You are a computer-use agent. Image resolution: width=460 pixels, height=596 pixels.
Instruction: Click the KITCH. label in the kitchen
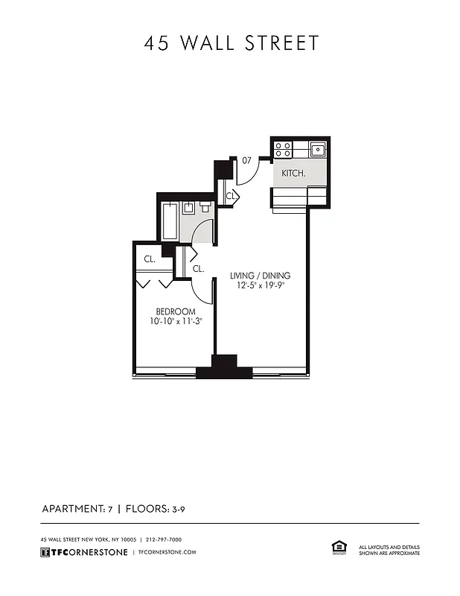tap(293, 174)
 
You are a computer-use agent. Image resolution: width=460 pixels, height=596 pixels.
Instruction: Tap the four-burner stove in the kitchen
tap(283, 149)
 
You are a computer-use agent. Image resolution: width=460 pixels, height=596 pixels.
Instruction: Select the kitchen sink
tap(318, 149)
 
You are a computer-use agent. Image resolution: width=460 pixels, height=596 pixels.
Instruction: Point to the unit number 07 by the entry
tap(246, 159)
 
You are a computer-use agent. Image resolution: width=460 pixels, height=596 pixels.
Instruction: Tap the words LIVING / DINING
tap(260, 275)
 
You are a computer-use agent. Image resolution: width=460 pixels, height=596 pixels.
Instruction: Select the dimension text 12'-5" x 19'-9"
tap(260, 285)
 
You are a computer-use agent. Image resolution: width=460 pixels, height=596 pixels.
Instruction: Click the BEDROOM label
tap(176, 311)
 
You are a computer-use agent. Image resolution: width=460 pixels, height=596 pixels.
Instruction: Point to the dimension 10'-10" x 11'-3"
tap(176, 322)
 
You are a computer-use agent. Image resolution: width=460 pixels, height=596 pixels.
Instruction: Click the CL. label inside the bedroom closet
tap(150, 259)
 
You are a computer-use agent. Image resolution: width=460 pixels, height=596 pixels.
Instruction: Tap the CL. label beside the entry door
tap(231, 196)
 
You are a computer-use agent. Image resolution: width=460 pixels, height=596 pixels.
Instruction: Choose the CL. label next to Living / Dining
tap(199, 269)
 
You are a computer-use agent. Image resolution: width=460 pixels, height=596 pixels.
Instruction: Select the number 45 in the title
tap(156, 43)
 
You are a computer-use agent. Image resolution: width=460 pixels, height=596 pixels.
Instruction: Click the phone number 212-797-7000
tap(164, 539)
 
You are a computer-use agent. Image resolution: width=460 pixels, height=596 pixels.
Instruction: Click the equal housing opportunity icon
tap(337, 548)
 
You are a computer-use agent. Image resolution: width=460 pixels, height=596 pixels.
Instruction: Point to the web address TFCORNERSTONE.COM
tap(167, 552)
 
